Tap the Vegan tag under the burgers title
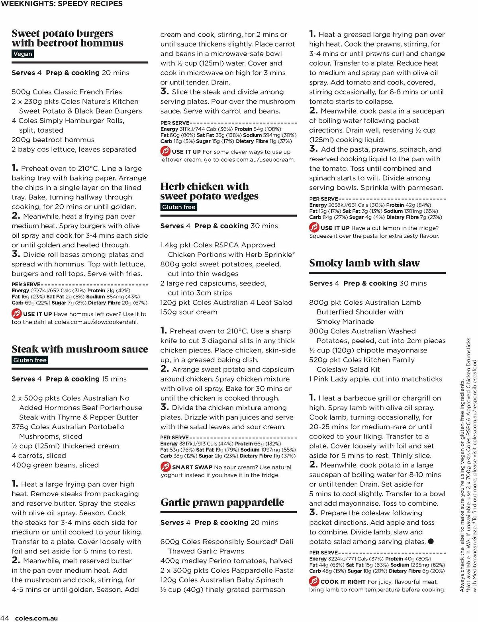(23, 54)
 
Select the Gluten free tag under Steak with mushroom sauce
(30, 360)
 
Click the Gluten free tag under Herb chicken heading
(178, 207)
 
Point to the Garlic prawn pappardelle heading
(222, 503)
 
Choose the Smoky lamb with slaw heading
(364, 263)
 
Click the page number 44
(5, 618)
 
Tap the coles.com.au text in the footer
(36, 618)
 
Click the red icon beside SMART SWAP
(165, 467)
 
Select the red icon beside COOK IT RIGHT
(314, 581)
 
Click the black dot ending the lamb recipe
(431, 542)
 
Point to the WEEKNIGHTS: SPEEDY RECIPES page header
(62, 4)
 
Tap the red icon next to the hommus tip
(16, 314)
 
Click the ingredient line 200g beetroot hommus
(53, 140)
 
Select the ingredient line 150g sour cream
(189, 312)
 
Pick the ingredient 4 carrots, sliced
(39, 456)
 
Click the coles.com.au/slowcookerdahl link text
(96, 322)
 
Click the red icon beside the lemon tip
(314, 228)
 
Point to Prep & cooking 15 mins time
(86, 379)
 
